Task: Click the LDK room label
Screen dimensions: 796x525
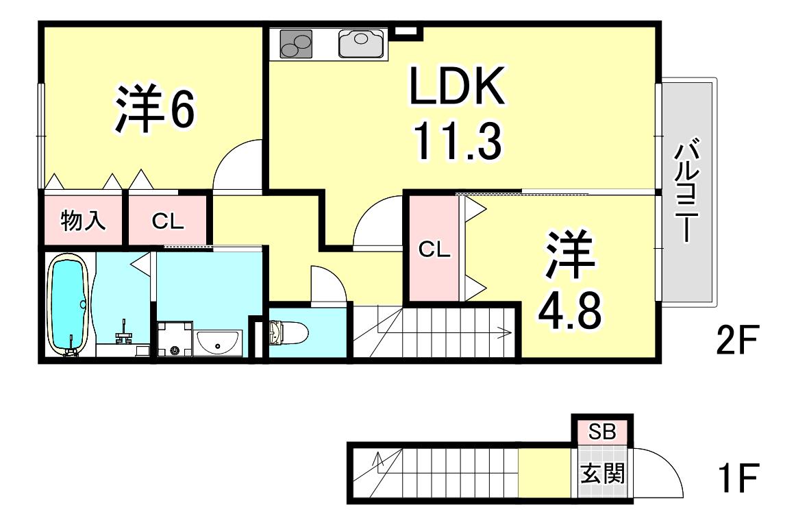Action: (457, 86)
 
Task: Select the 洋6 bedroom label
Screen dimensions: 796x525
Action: (154, 109)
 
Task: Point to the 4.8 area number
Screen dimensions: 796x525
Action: (569, 309)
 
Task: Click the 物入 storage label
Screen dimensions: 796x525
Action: (83, 221)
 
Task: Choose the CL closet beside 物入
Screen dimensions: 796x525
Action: (168, 221)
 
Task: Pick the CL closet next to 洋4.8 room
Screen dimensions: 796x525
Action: (434, 249)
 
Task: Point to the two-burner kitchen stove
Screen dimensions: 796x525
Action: (296, 44)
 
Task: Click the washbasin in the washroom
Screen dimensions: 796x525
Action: (219, 343)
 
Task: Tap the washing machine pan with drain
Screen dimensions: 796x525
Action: (175, 339)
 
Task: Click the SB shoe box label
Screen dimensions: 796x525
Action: (602, 432)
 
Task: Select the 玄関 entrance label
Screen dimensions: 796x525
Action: (602, 474)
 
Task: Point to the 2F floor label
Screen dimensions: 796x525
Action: (737, 340)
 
